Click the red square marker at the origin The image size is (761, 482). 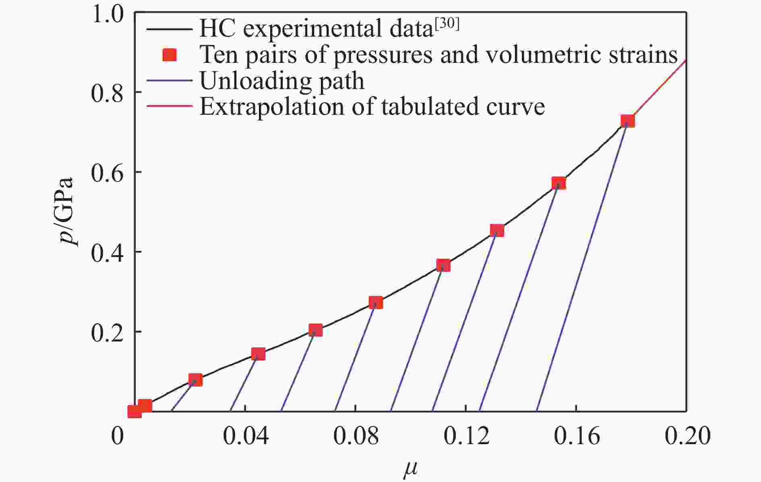pos(134,411)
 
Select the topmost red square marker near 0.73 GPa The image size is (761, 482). pos(627,121)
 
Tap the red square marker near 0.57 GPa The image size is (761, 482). pos(558,184)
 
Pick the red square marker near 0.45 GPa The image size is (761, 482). pos(497,230)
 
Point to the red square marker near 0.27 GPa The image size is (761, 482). pos(376,302)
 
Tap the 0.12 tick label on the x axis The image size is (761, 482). pos(466,436)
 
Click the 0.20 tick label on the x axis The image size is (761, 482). pos(687,436)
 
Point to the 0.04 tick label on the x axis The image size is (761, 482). pos(245,436)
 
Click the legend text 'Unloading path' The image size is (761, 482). pos(282,81)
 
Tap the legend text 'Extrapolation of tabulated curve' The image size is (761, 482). pos(372,107)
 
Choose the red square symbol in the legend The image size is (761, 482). pos(170,55)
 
